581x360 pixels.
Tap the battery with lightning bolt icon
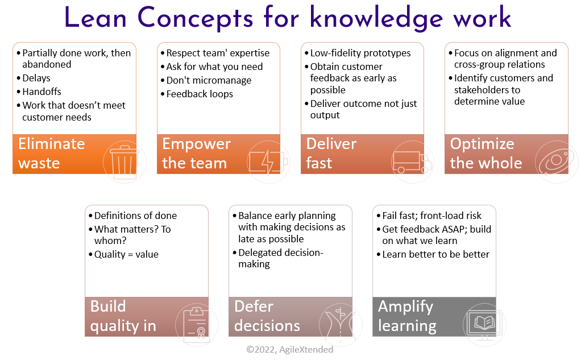click(268, 162)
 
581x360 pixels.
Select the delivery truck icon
click(412, 162)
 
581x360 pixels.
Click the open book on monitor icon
click(483, 324)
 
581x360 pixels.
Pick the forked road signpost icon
click(340, 324)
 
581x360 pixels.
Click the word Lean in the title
click(97, 18)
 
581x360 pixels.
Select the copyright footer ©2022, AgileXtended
click(290, 349)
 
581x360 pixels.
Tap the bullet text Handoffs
click(42, 92)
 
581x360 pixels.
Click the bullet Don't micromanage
click(208, 80)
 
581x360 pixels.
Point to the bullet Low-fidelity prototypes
click(360, 53)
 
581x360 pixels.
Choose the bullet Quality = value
click(126, 254)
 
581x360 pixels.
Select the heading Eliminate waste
click(51, 153)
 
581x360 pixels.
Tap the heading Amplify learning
click(407, 316)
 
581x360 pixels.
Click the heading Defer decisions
click(267, 316)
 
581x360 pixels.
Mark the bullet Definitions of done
click(135, 216)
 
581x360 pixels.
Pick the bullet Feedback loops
click(199, 94)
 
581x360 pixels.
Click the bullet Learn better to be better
click(435, 254)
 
